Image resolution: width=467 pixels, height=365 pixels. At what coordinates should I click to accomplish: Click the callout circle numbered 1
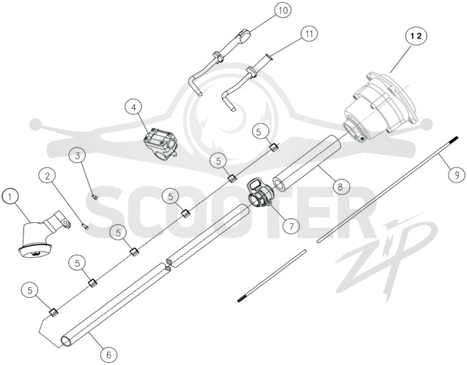point(10,197)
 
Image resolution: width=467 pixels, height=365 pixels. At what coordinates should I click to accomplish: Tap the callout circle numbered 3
point(78,156)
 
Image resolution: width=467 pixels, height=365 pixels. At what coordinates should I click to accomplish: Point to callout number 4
point(134,107)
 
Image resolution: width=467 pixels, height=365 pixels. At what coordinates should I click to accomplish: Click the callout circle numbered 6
point(109,355)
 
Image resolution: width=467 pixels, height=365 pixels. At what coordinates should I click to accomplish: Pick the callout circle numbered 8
point(340,187)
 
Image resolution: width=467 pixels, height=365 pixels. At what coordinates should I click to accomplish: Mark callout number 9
point(457,174)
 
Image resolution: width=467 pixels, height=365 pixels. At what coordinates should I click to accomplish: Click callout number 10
point(283,10)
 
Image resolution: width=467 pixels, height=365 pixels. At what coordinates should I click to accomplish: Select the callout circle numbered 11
point(309,34)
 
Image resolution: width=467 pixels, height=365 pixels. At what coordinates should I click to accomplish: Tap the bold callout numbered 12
point(416,36)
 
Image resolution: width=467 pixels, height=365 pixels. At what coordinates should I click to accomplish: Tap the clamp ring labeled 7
point(259,194)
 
